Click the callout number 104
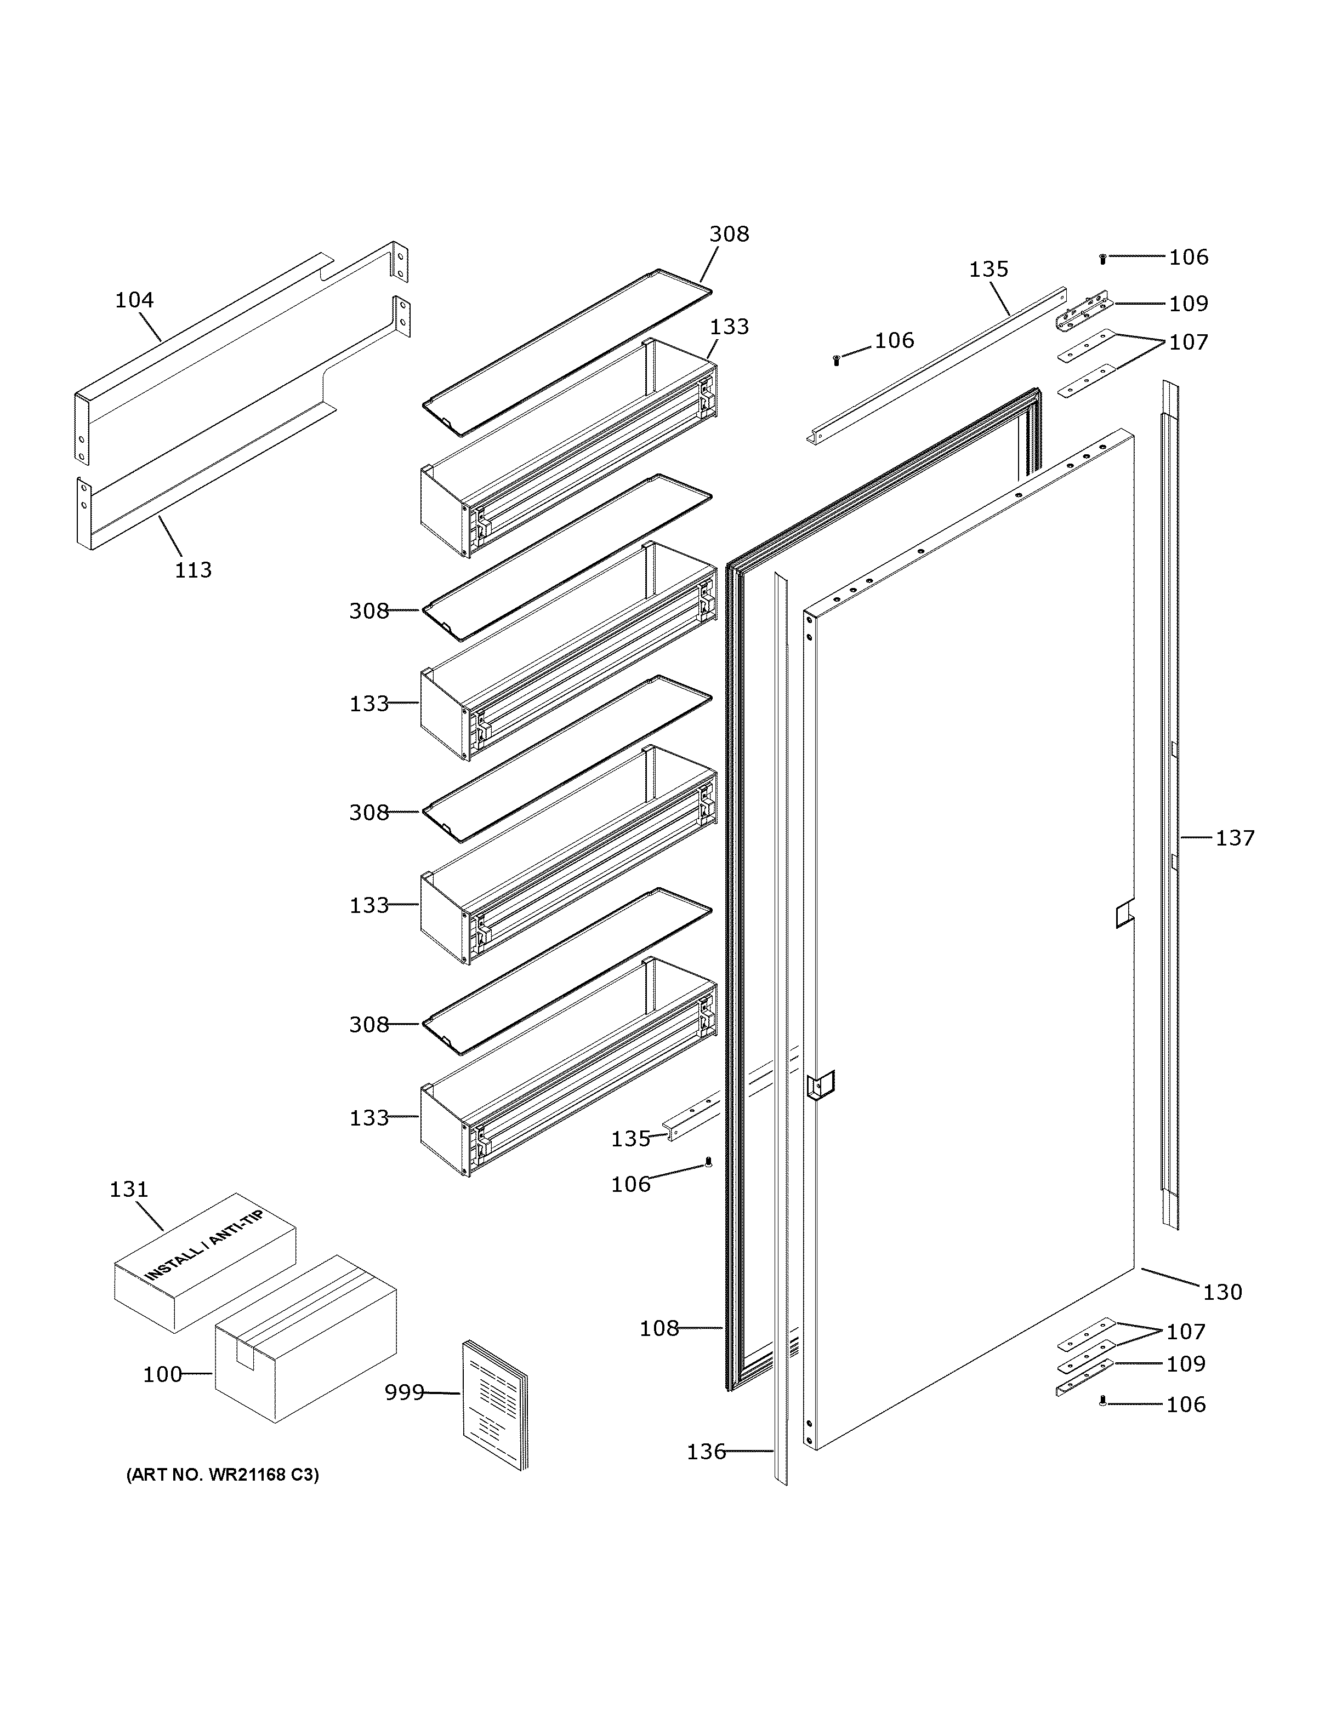tap(134, 300)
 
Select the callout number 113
tap(193, 570)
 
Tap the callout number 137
tap(1234, 838)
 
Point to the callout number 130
tap(1222, 1293)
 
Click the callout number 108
tap(659, 1328)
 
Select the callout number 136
tap(706, 1452)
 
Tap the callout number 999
tap(404, 1392)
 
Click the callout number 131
tap(129, 1190)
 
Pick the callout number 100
tap(162, 1374)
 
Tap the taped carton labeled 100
tap(306, 1343)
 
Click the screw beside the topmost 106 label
tap(1102, 259)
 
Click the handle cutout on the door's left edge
tap(820, 1085)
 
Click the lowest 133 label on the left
tap(369, 1117)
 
